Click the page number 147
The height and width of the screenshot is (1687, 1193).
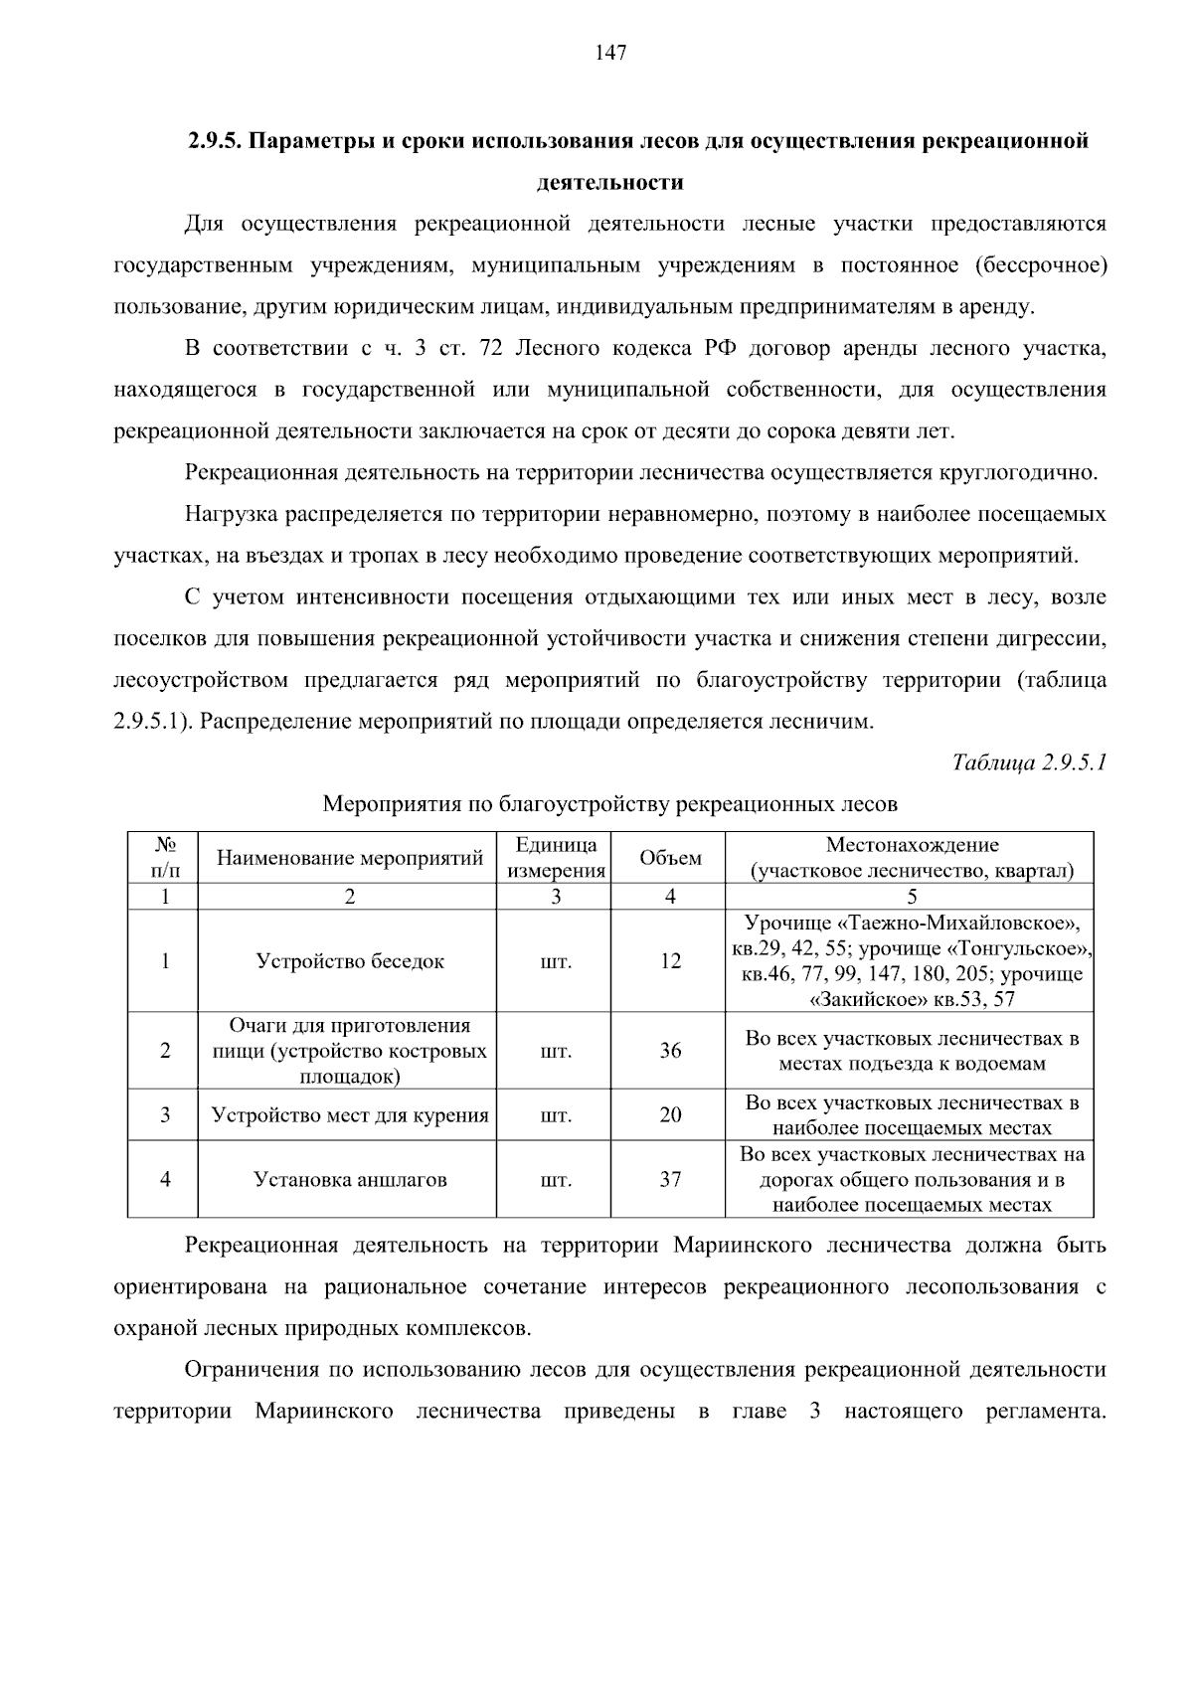610,54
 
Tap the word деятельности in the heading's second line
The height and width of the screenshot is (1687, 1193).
609,183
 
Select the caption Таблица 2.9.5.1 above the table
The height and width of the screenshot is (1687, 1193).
1028,762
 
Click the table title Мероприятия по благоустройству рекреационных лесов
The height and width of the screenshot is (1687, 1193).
610,803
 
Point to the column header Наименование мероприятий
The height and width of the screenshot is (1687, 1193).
350,858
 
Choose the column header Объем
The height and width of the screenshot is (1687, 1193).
670,858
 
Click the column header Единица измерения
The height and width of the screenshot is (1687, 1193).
556,858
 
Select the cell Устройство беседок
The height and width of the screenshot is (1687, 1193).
350,961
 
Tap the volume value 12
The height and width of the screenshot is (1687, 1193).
670,961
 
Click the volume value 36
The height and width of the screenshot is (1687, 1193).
670,1051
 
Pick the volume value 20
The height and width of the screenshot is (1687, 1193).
670,1115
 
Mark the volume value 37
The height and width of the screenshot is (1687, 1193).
670,1180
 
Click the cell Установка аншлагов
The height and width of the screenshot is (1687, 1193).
350,1180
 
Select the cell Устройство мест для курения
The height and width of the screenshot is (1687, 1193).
350,1115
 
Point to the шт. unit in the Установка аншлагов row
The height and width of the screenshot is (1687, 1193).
556,1180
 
